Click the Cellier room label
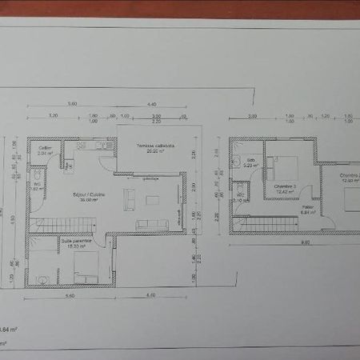click(x=45, y=148)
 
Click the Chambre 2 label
click(x=349, y=176)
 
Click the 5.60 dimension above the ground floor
click(x=72, y=104)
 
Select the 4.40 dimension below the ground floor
click(x=151, y=295)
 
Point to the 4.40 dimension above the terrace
click(x=151, y=104)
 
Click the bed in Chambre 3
click(x=284, y=169)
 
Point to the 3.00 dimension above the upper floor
click(x=252, y=116)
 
